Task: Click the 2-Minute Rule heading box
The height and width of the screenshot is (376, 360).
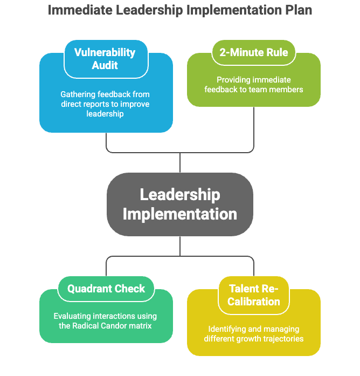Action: (x=254, y=52)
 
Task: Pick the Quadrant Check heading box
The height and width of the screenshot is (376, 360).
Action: (x=106, y=289)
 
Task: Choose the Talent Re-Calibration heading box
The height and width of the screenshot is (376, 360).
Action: (x=254, y=295)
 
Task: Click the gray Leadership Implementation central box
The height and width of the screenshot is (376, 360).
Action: (x=180, y=204)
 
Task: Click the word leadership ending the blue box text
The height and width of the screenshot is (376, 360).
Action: (x=106, y=113)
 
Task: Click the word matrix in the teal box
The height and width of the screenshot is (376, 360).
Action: (x=141, y=326)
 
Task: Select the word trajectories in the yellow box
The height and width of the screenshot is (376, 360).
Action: (x=282, y=339)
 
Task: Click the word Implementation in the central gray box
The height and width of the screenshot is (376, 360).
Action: (x=180, y=214)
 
